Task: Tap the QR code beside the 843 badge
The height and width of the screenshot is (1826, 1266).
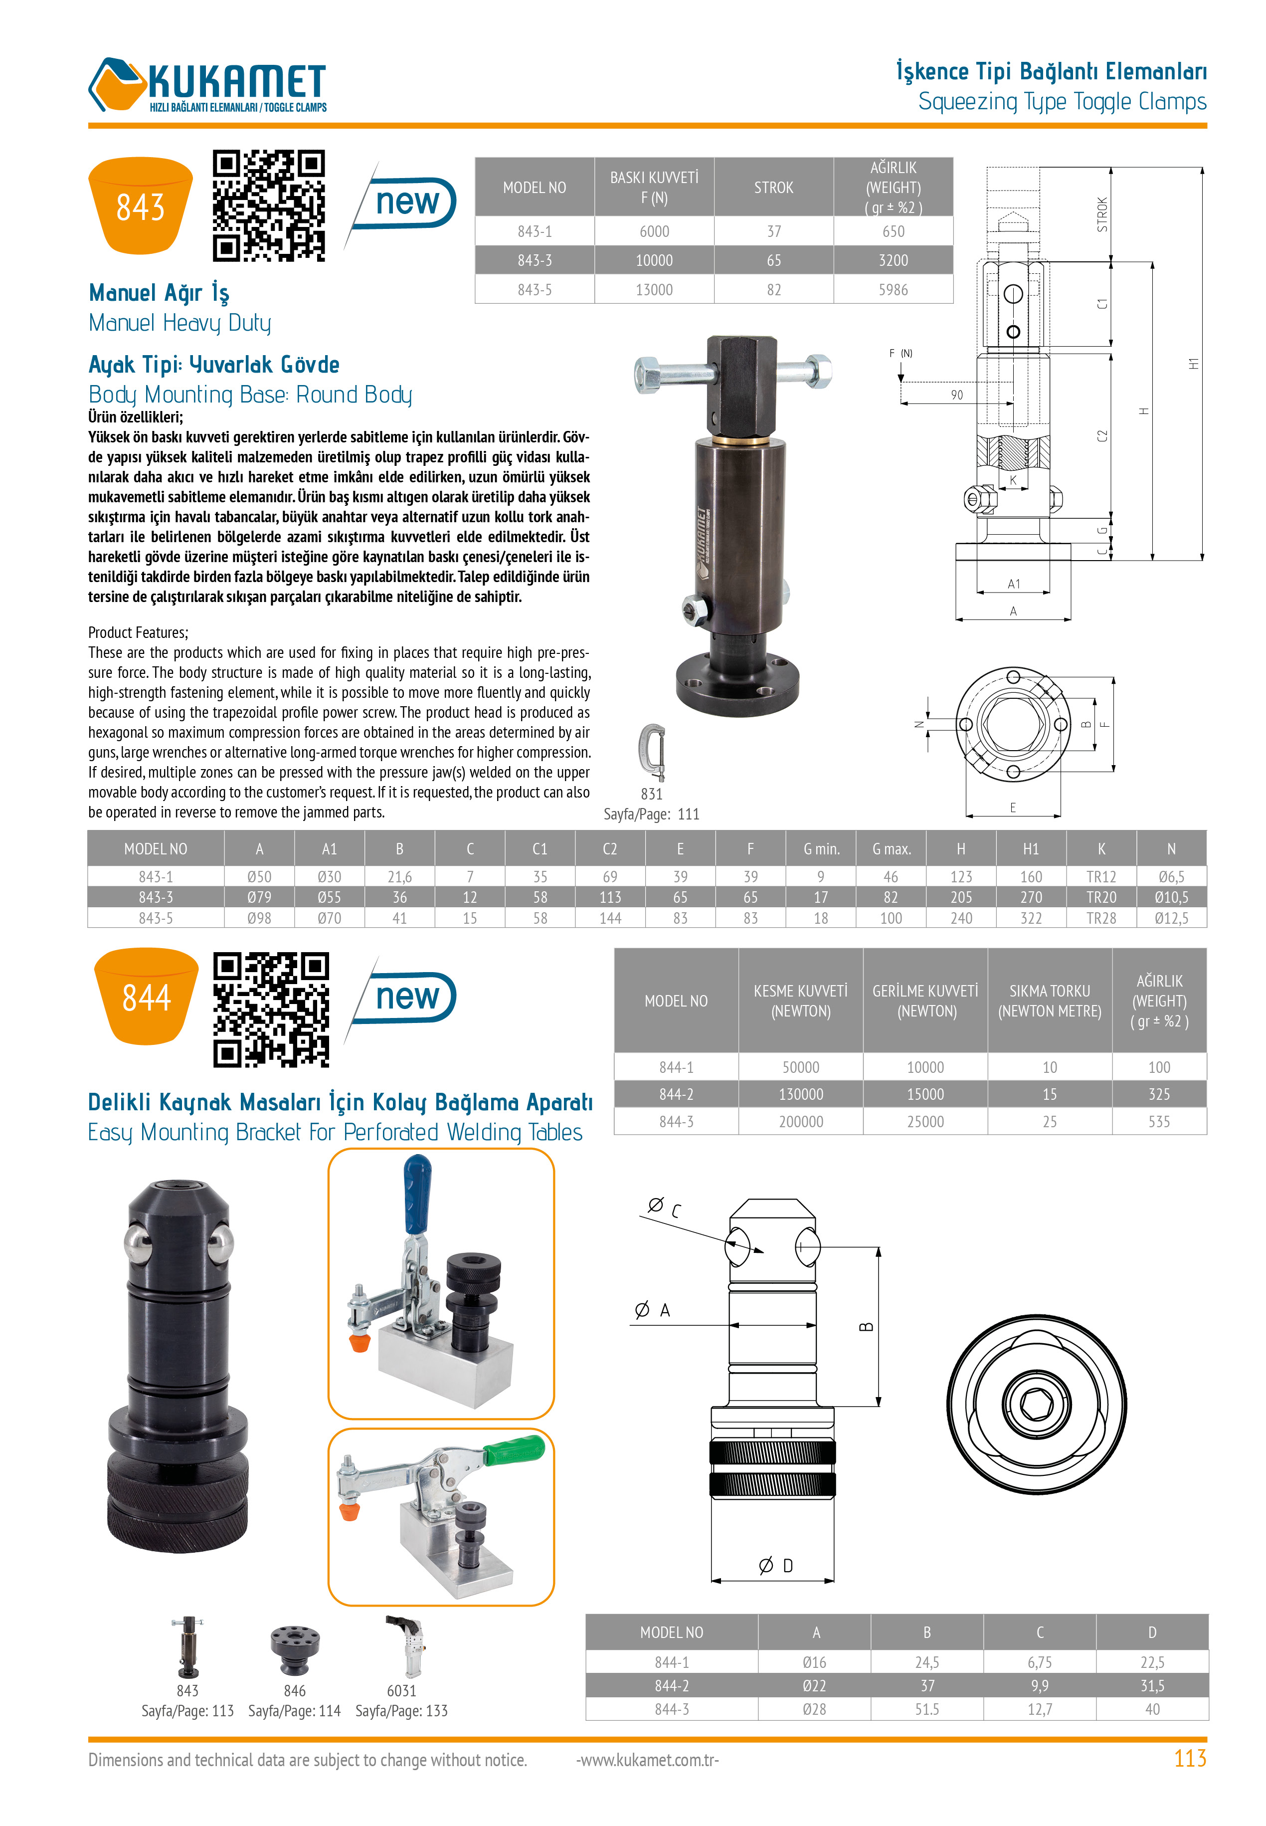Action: [x=269, y=205]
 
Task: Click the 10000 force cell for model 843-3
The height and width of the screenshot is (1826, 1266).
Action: [x=654, y=260]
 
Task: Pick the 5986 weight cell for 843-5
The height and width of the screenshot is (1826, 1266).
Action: [x=893, y=289]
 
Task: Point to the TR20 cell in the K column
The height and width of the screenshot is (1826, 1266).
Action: [x=1101, y=897]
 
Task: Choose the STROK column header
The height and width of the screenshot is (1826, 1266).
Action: [x=773, y=187]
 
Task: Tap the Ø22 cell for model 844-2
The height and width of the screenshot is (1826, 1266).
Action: [x=815, y=1686]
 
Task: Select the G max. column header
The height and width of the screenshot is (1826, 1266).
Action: [x=892, y=849]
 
